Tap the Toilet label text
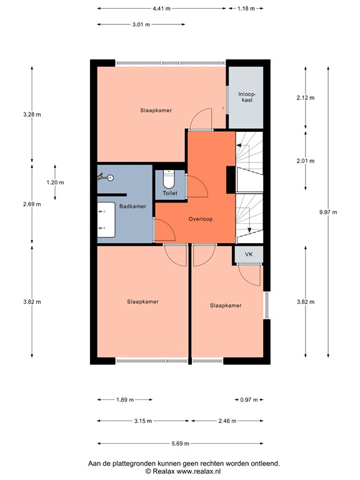pos(169,193)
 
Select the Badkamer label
pos(132,206)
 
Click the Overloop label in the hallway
pos(201,219)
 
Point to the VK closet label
pos(248,254)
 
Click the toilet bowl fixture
pos(168,179)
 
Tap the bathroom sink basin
pos(104,220)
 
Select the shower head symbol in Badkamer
pos(103,177)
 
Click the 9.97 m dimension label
pos(327,212)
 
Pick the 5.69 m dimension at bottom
pos(180,443)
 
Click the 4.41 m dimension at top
pos(161,9)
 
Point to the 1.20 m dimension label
pos(55,182)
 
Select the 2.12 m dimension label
pos(305,97)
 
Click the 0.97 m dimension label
pos(249,400)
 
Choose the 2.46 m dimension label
pos(227,421)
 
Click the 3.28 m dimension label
pos(32,114)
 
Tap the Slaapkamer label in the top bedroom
pos(156,110)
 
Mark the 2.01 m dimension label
pos(305,160)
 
